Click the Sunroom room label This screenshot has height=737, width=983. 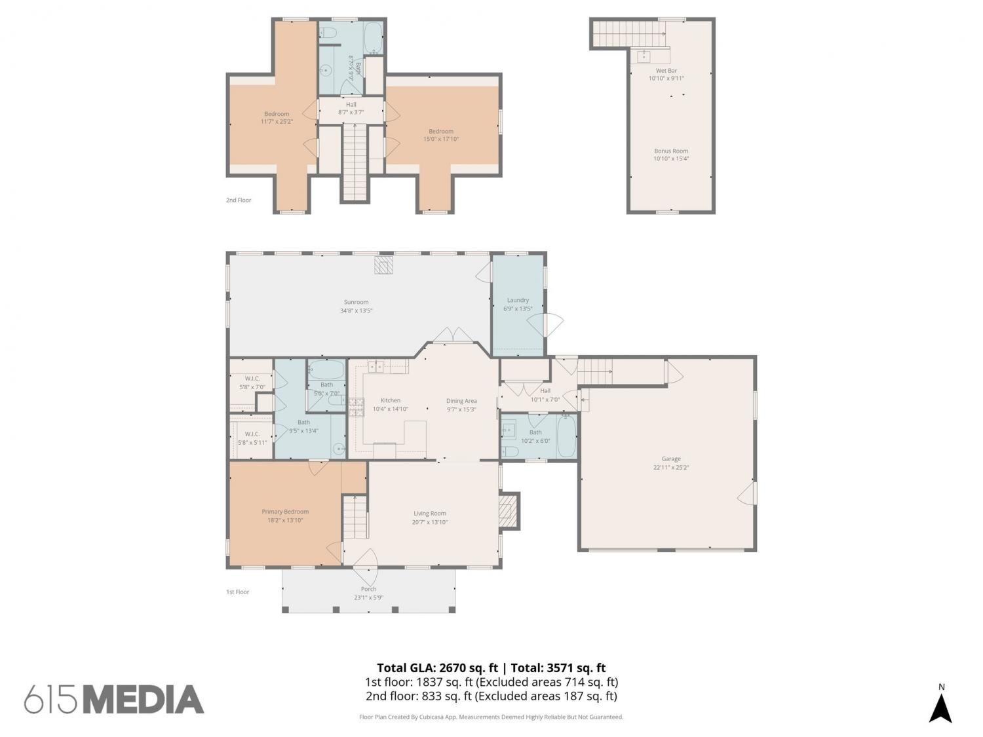tap(356, 302)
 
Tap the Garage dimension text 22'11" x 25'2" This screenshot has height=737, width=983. tap(671, 467)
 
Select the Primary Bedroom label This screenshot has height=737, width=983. tap(285, 512)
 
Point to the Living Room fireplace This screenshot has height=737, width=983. tap(509, 511)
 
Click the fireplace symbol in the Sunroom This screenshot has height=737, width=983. tap(384, 265)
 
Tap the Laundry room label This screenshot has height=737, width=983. tap(518, 300)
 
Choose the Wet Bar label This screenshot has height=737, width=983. tap(666, 71)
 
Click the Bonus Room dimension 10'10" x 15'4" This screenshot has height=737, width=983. tap(671, 159)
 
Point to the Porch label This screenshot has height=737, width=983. tap(368, 589)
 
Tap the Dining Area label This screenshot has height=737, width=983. tap(461, 401)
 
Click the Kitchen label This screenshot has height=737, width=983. tap(391, 400)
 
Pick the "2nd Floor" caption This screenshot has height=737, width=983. tap(239, 200)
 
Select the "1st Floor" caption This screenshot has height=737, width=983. tap(237, 592)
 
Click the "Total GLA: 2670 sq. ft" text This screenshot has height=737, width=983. tap(437, 668)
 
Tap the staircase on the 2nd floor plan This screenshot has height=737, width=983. tap(355, 162)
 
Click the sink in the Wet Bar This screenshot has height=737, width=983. tap(644, 56)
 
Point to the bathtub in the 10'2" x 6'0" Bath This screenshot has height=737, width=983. tap(566, 436)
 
